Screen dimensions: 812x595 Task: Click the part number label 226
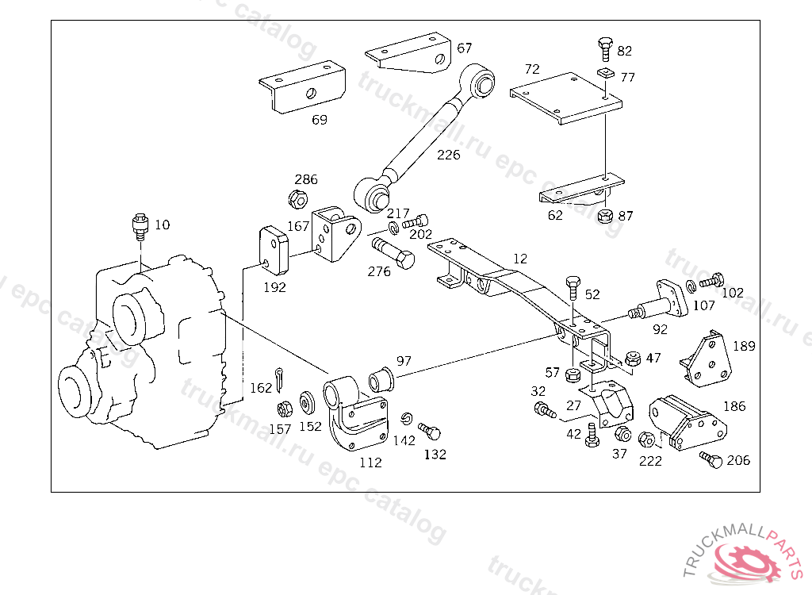pos(449,155)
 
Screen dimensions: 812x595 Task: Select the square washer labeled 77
pos(605,72)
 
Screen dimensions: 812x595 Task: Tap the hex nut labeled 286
pos(298,199)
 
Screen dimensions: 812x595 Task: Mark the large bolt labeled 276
pos(393,252)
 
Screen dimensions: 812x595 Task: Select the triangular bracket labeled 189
pos(705,361)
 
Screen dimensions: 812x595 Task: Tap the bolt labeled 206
pos(711,459)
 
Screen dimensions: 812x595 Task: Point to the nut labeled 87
pos(605,216)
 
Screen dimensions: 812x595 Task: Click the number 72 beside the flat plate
pos(532,69)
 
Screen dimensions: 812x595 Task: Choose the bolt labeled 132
pos(429,431)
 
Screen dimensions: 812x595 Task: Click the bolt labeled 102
pos(712,280)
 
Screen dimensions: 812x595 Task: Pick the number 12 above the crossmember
pos(520,258)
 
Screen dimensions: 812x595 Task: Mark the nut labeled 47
pos(633,358)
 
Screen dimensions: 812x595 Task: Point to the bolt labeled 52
pos(573,288)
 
